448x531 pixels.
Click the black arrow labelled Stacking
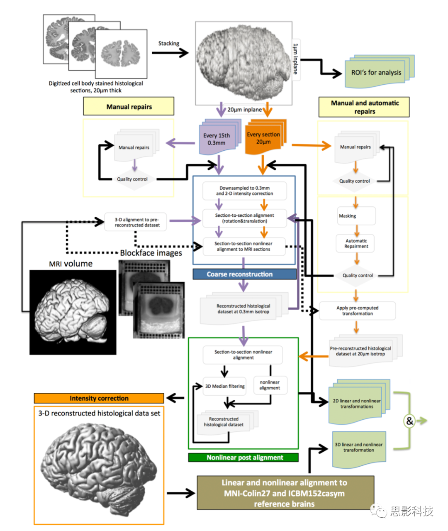170,53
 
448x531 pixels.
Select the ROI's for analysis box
376,73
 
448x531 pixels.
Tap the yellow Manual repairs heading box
129,107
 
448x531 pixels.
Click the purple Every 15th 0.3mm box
217,139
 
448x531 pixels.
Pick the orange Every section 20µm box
263,138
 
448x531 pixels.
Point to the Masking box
355,216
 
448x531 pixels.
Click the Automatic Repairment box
356,243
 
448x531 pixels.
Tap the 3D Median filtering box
225,386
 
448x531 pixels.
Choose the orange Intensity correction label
99,398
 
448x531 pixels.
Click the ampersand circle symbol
409,421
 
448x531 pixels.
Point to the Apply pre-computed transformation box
357,311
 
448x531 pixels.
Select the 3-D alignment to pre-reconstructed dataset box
137,223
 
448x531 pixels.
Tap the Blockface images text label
151,253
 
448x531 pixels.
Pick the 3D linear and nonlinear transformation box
359,448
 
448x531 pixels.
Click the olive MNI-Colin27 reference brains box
285,493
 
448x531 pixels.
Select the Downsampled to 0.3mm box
244,191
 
